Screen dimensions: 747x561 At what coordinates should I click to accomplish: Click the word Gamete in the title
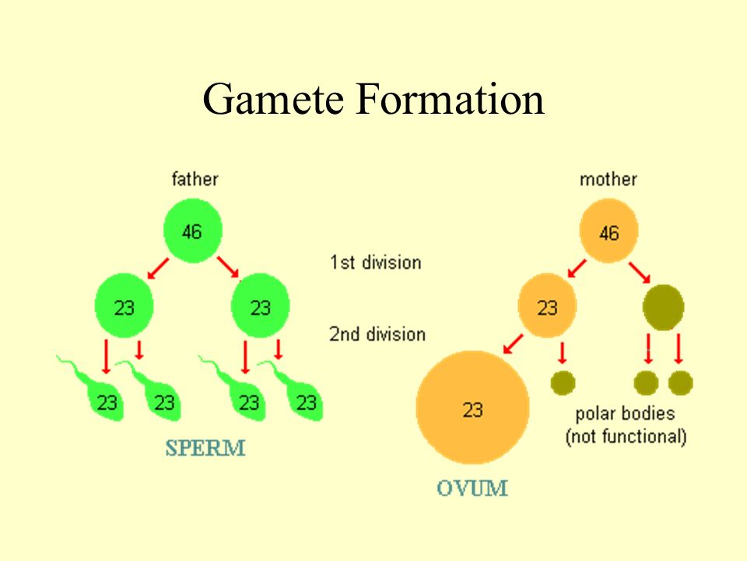point(273,99)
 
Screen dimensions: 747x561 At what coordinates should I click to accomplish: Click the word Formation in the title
point(451,98)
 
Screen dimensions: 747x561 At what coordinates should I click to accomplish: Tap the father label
point(195,179)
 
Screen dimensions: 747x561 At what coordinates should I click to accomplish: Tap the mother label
point(608,179)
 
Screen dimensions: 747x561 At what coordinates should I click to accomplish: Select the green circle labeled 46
point(192,231)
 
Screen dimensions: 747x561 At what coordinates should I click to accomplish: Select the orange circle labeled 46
point(608,231)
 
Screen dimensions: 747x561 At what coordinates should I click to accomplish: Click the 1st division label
point(375,263)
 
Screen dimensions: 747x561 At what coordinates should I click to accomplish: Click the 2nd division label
point(377,334)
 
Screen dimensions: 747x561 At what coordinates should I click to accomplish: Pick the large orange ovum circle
point(472,408)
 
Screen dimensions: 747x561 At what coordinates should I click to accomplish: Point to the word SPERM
point(205,448)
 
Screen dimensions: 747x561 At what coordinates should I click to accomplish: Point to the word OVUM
point(472,488)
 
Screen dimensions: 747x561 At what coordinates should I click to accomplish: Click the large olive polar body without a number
point(663,308)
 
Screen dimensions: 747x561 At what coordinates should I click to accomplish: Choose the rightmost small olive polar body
point(680,383)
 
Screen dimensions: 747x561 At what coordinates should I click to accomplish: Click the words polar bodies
point(625,414)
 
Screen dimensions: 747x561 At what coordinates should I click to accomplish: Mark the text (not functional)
point(626,436)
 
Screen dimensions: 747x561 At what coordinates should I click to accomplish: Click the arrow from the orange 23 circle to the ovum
point(513,344)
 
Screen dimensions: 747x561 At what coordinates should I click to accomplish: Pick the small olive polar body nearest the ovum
point(563,383)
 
